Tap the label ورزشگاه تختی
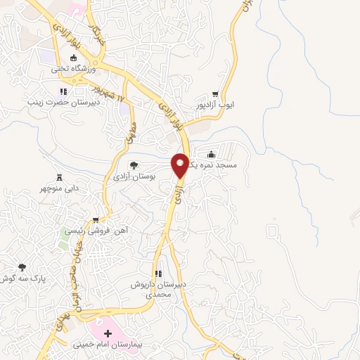tap(68, 70)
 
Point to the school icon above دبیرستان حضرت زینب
tap(63, 91)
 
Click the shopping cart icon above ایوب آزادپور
tap(215, 94)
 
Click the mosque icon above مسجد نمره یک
tap(212, 155)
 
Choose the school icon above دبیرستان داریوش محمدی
tap(158, 274)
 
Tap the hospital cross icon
tap(108, 332)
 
